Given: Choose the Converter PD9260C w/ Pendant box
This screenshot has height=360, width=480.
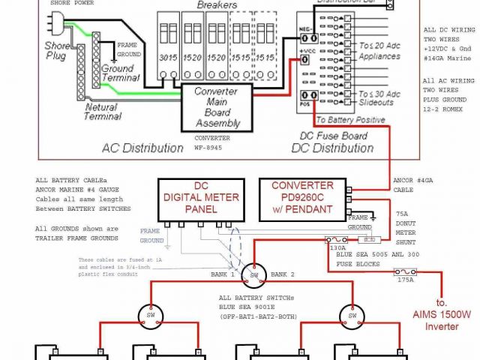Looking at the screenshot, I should [x=302, y=196].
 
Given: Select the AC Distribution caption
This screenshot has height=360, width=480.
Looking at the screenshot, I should [x=142, y=148].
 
